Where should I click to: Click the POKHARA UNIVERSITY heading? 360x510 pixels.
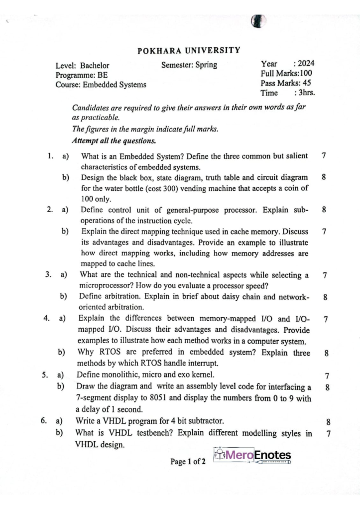pos(189,50)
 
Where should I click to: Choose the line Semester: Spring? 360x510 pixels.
pos(189,65)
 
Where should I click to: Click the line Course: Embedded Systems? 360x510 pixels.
pos(101,85)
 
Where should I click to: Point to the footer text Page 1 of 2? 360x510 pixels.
pos(188,462)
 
